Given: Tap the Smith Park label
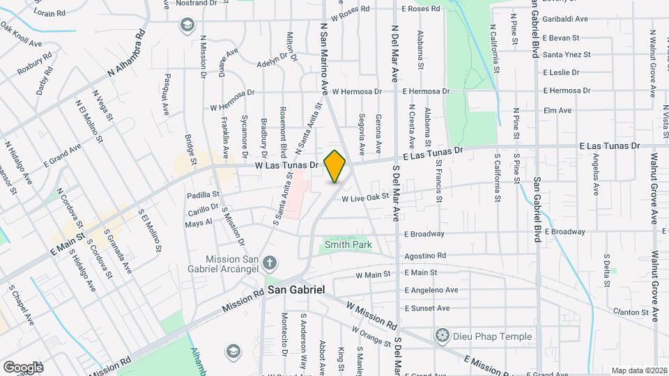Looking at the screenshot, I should pos(348,244).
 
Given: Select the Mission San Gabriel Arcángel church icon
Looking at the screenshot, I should pos(270,263).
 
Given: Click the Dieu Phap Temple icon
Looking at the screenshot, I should pos(441,336).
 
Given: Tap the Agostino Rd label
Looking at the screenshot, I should pos(426,256).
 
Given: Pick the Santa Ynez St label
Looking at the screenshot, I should pos(567,54).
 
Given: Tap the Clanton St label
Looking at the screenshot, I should pos(631,312).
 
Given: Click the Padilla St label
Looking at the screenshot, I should pos(203,194).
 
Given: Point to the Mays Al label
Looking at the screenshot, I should pos(198,224).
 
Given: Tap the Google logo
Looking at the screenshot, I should pos(22,367).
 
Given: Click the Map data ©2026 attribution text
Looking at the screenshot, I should pos(638,370).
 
